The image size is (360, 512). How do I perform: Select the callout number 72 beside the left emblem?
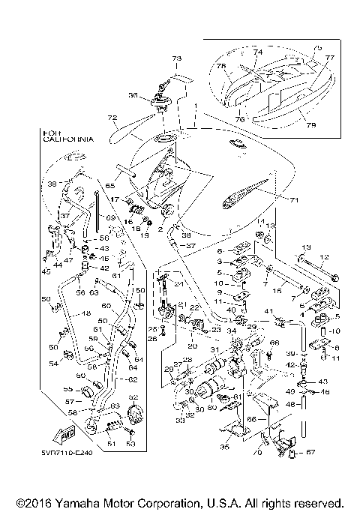[x=113, y=118]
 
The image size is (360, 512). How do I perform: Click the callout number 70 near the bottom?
[x=256, y=452]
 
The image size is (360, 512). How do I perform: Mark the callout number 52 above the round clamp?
[x=133, y=397]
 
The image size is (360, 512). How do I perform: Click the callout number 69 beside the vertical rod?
[x=110, y=217]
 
